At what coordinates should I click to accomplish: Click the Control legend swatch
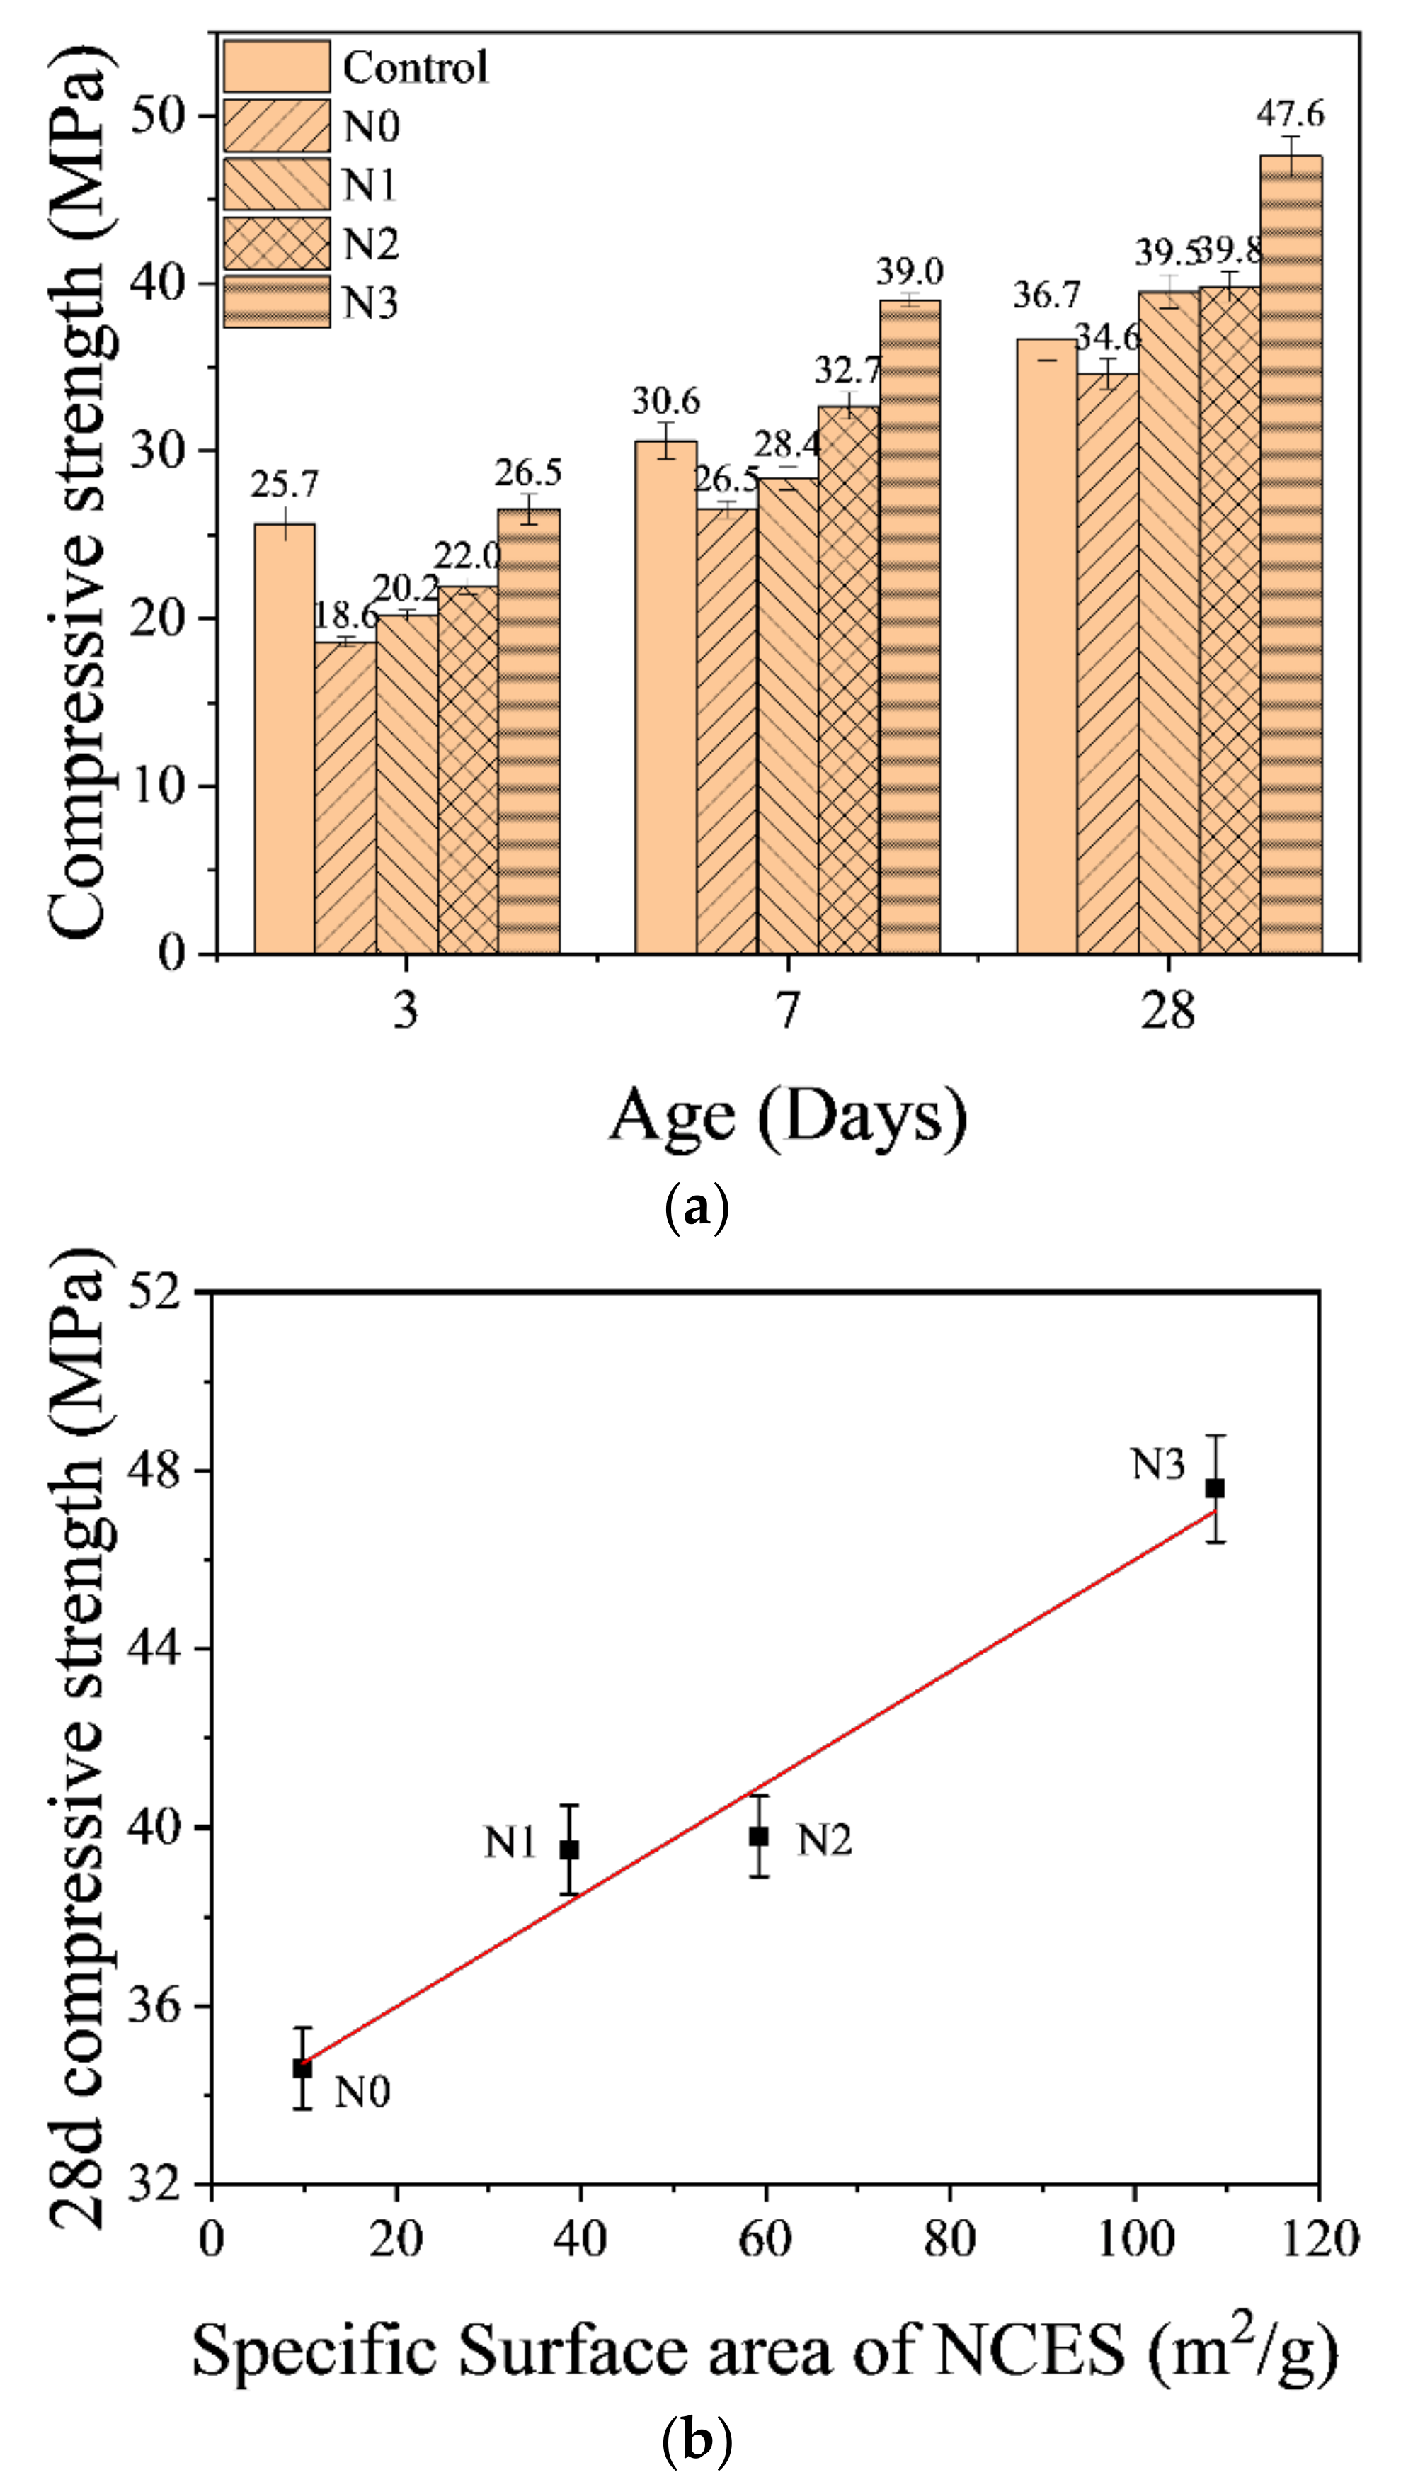(277, 66)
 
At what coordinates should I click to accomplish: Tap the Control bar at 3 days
(285, 738)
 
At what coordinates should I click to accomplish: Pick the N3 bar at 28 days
(1291, 553)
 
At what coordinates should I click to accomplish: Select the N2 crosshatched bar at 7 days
(848, 679)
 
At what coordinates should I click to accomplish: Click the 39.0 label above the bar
(910, 271)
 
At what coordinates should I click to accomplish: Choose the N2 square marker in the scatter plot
(759, 1835)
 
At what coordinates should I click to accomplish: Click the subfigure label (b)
(697, 2437)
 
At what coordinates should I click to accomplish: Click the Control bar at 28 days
(1046, 645)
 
